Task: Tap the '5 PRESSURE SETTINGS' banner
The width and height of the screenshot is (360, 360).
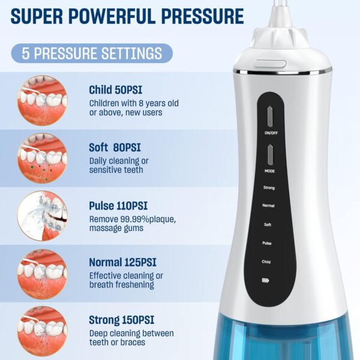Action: click(x=92, y=53)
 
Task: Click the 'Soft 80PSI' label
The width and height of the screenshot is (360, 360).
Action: click(x=115, y=147)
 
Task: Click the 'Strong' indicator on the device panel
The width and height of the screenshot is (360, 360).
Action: click(x=268, y=188)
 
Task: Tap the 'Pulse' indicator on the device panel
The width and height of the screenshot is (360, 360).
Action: click(x=268, y=243)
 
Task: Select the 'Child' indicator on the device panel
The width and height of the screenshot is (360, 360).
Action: click(x=267, y=262)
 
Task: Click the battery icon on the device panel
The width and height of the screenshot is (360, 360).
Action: click(x=266, y=280)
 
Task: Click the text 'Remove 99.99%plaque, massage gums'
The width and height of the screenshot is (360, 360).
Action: click(x=132, y=224)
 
